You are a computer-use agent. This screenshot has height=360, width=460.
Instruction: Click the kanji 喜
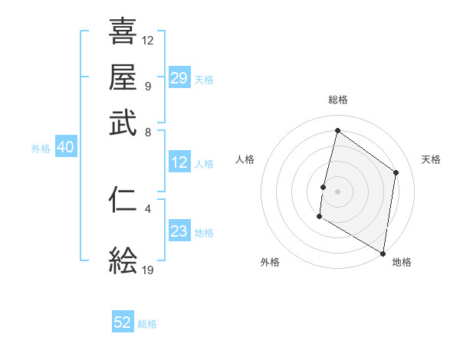pyautogui.click(x=123, y=31)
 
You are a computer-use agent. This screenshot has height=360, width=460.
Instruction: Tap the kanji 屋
pyautogui.click(x=123, y=77)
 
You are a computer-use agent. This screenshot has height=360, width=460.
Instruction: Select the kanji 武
pyautogui.click(x=123, y=123)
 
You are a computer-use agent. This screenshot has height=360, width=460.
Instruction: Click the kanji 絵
pyautogui.click(x=123, y=261)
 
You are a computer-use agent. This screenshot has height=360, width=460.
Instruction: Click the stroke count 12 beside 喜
pyautogui.click(x=148, y=40)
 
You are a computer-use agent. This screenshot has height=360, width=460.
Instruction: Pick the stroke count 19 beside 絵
pyautogui.click(x=148, y=270)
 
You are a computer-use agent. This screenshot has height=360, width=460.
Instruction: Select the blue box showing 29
pyautogui.click(x=179, y=77)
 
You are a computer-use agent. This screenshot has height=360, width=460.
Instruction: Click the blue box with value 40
pyautogui.click(x=65, y=148)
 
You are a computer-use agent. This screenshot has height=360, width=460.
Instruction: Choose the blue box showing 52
pyautogui.click(x=123, y=322)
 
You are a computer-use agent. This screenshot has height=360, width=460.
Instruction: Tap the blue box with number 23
pyautogui.click(x=179, y=232)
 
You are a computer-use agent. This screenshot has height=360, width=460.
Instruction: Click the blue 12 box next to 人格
pyautogui.click(x=179, y=162)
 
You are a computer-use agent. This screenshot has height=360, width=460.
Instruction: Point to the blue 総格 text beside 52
pyautogui.click(x=147, y=324)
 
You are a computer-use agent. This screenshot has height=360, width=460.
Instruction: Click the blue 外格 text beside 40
pyautogui.click(x=41, y=149)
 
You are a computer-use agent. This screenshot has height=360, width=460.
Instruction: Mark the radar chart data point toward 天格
pyautogui.click(x=396, y=172)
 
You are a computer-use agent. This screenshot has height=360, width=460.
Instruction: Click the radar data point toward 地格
pyautogui.click(x=383, y=253)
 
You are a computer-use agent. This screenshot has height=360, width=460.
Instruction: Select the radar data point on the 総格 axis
pyautogui.click(x=337, y=131)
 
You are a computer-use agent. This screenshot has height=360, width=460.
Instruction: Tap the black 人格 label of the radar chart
pyautogui.click(x=245, y=159)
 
